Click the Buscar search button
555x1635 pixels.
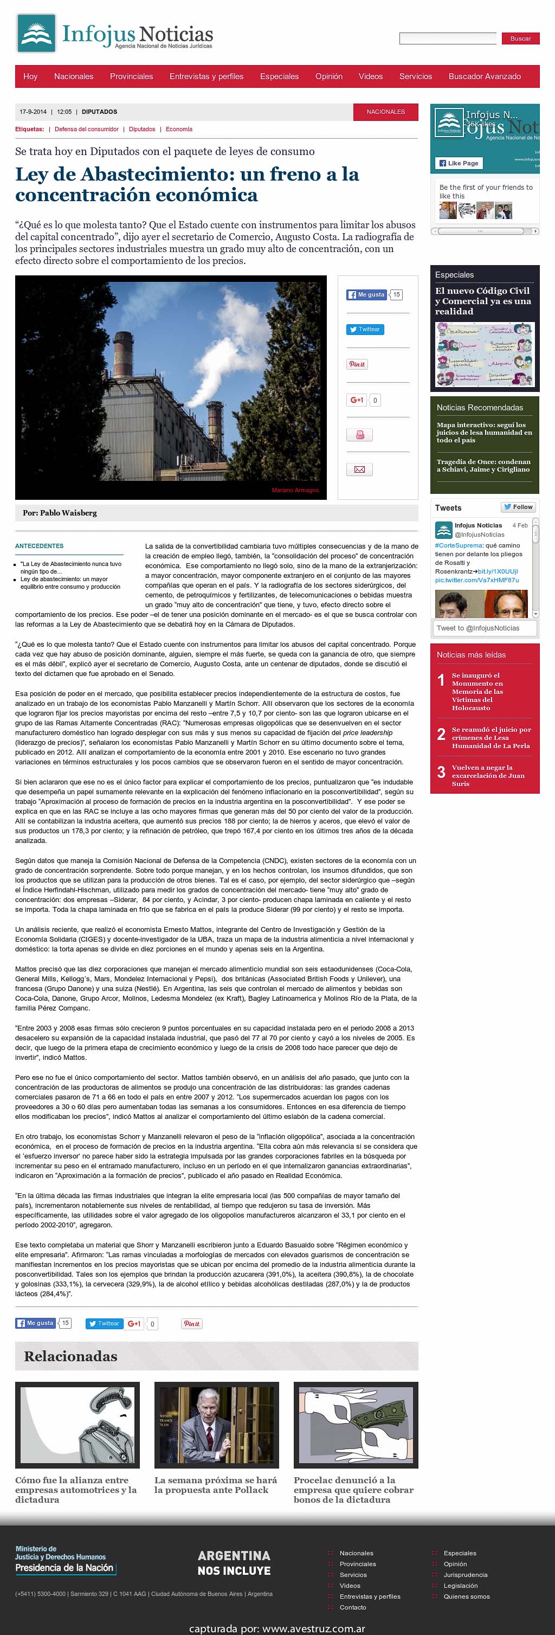coord(520,38)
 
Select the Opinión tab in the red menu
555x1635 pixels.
coord(328,76)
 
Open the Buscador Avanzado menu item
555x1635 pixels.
coord(484,76)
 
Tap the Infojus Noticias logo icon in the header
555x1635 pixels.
coord(37,34)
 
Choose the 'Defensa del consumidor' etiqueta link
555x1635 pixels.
coord(86,129)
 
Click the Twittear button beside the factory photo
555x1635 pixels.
coord(365,330)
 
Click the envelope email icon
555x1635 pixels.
coord(359,469)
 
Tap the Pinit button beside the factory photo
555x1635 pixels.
coord(357,364)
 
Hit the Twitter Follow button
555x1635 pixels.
coord(518,507)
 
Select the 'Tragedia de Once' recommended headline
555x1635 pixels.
coord(483,465)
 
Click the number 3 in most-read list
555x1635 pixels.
coord(441,772)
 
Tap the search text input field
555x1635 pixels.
coord(447,38)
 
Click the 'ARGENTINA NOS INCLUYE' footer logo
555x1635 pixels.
coord(234,1563)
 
